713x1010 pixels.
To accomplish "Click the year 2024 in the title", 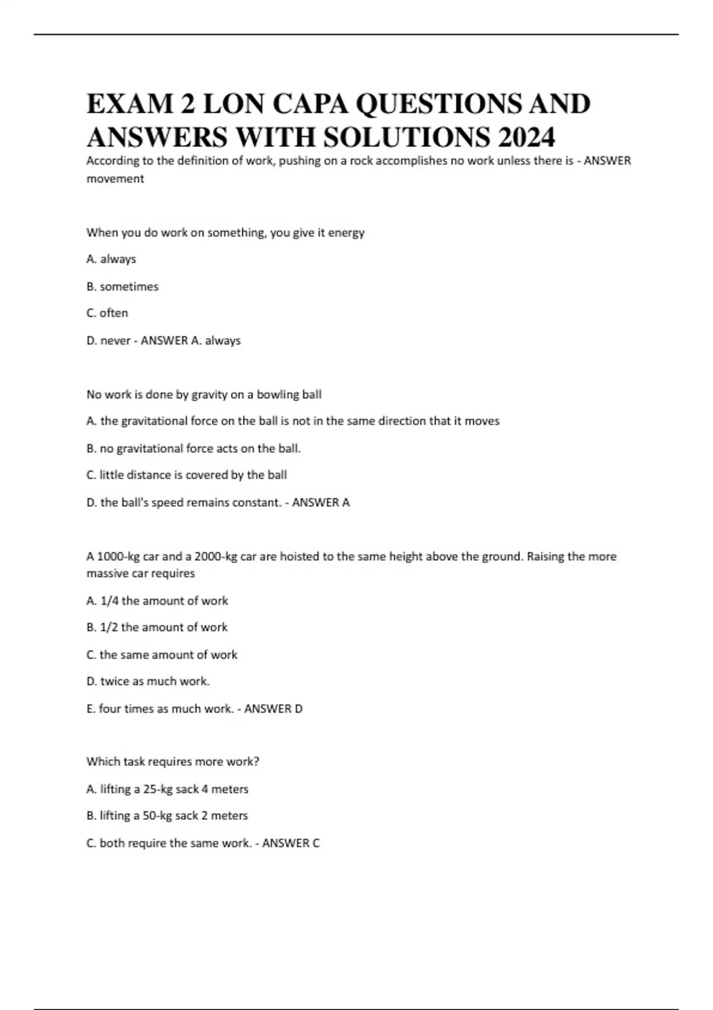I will [526, 137].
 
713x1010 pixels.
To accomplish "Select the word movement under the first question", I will [115, 179].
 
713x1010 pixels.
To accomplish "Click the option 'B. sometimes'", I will [122, 286].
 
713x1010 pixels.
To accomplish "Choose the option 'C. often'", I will [107, 313].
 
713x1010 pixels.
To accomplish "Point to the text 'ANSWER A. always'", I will [190, 340].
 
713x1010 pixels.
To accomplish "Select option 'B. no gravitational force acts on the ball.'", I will [194, 449].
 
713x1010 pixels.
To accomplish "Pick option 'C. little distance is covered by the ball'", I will [187, 475].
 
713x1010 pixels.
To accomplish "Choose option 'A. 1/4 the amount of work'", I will [157, 601].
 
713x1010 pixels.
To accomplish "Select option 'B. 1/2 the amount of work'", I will [157, 627].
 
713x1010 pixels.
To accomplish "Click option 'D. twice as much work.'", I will [148, 681].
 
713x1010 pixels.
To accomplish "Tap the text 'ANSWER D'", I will [273, 709].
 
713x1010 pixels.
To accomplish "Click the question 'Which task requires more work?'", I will [173, 762].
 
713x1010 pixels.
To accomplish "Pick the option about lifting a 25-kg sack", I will [168, 789].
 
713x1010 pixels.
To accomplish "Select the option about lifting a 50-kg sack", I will [167, 816].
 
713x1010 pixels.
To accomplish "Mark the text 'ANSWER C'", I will [291, 843].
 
